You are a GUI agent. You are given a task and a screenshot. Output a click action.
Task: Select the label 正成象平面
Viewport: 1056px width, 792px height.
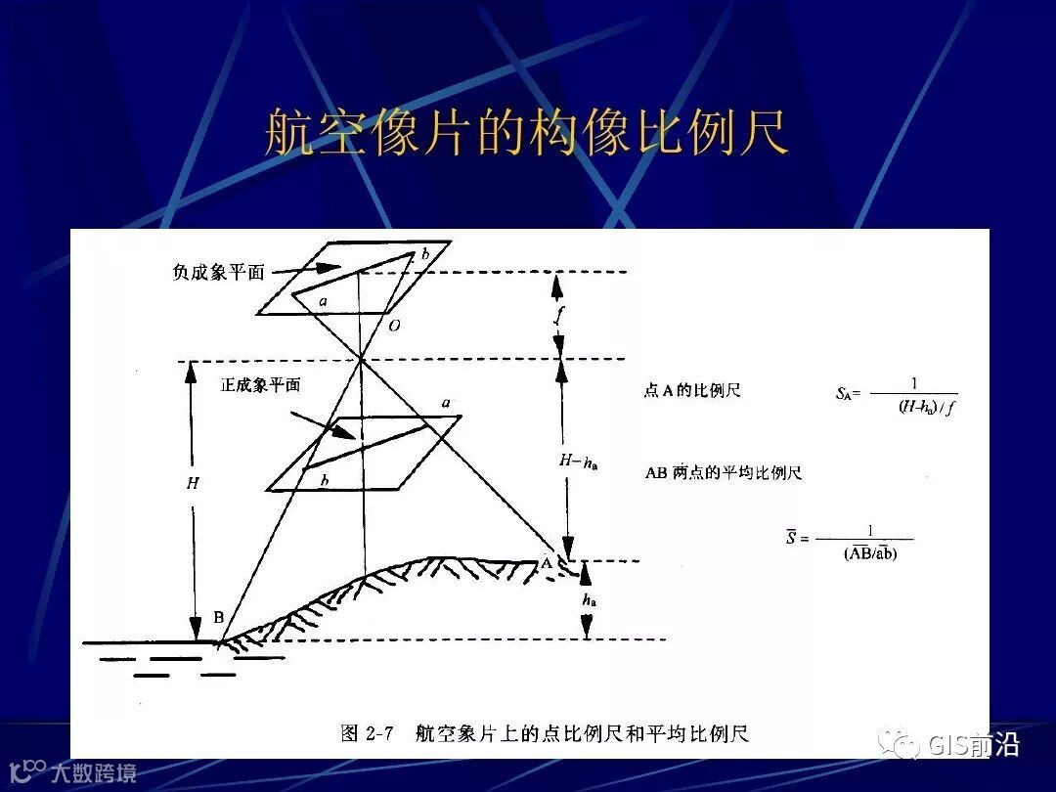[x=259, y=385]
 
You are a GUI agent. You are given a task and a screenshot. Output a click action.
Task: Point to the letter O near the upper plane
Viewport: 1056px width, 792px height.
[x=393, y=326]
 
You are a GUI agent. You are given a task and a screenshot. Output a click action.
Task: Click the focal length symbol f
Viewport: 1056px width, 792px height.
[x=557, y=315]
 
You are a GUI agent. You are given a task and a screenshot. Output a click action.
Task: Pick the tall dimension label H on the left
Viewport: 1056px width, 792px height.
[x=192, y=483]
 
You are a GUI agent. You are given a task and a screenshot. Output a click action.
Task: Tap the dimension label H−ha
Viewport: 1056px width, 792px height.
[x=578, y=461]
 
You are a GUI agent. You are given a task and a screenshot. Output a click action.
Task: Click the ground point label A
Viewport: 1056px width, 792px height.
[x=547, y=562]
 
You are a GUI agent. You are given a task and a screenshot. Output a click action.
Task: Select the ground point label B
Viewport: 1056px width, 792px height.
[x=218, y=618]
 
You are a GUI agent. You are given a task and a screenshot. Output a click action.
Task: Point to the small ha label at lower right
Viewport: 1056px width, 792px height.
[x=589, y=601]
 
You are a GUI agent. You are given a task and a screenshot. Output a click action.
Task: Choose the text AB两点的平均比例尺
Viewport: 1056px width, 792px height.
[x=723, y=473]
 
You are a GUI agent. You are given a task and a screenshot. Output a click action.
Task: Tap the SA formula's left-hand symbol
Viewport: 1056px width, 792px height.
[x=846, y=394]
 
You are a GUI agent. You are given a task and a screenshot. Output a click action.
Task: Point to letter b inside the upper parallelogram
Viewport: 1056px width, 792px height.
[x=424, y=254]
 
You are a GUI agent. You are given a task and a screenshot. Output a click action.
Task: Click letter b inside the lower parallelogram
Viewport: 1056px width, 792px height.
[x=324, y=480]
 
